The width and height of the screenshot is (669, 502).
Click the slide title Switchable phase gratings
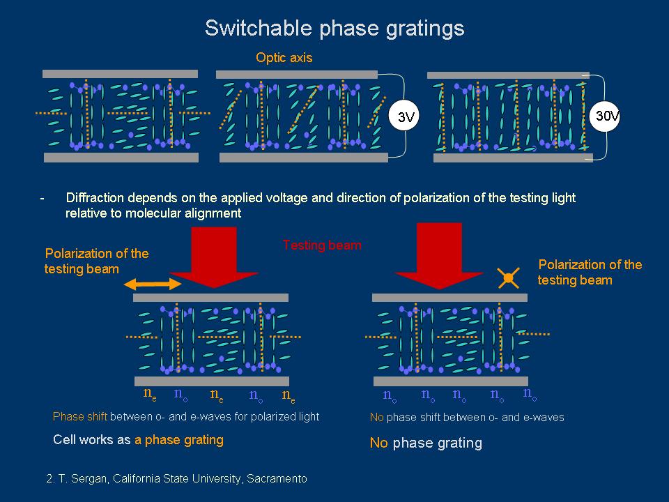[x=334, y=29]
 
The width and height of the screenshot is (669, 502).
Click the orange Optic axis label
[x=284, y=58]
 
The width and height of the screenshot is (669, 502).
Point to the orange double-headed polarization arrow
[x=153, y=284]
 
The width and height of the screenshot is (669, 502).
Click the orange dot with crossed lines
[x=509, y=279]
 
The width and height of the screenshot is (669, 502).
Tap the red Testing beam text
[x=322, y=245]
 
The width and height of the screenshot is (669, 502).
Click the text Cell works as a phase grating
[x=138, y=440]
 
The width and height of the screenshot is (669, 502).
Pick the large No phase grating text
[x=425, y=443]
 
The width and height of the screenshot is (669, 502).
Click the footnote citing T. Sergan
[x=175, y=479]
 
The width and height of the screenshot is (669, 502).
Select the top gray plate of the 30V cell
[x=508, y=75]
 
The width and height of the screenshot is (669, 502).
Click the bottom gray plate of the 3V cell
[x=303, y=158]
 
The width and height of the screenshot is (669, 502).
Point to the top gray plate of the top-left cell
[x=120, y=73]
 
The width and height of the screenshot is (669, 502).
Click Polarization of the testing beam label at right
[x=590, y=272]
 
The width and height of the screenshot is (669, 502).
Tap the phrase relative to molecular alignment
[x=153, y=213]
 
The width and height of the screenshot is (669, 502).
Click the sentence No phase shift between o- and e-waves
[x=466, y=418]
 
